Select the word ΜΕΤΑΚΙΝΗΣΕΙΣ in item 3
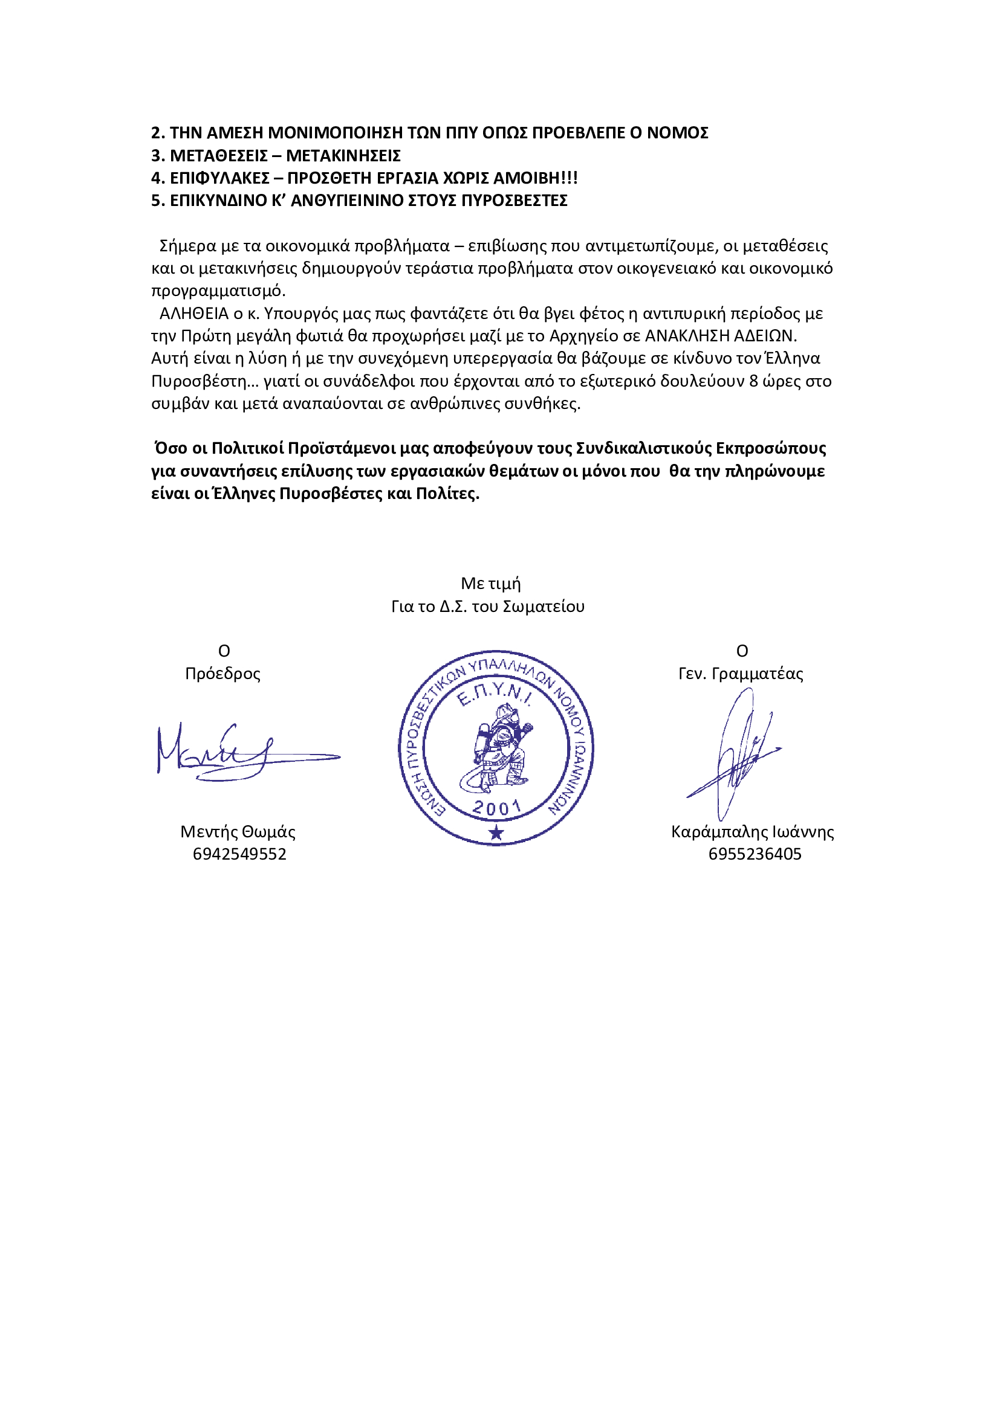tap(343, 156)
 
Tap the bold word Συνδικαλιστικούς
tap(643, 449)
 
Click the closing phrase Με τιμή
tap(490, 584)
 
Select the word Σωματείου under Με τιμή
tap(543, 607)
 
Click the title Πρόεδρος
tap(223, 674)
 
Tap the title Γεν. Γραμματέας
tap(740, 674)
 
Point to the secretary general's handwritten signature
tap(736, 754)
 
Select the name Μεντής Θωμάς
tap(238, 832)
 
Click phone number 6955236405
tap(755, 854)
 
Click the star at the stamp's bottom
tap(496, 834)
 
